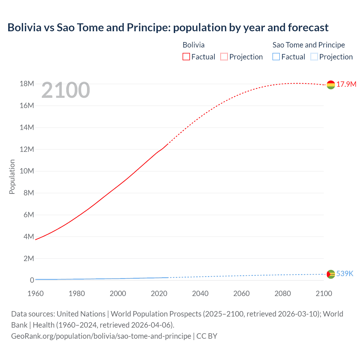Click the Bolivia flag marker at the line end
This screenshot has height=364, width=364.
click(331, 85)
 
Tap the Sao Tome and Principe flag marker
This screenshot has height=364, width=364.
click(331, 274)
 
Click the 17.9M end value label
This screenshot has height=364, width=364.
click(346, 84)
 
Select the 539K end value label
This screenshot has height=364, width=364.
click(345, 274)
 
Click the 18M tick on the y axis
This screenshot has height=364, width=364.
click(27, 84)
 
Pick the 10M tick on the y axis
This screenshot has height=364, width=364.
click(27, 171)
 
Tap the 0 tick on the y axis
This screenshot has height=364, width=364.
click(32, 280)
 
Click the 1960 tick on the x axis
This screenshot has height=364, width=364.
click(36, 293)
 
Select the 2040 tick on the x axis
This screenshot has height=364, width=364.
click(200, 293)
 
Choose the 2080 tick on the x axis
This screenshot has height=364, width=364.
click(283, 293)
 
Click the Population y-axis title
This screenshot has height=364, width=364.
click(12, 177)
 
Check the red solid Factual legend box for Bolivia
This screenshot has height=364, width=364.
click(186, 57)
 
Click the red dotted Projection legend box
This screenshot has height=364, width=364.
click(224, 57)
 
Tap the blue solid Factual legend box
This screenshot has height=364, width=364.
click(276, 57)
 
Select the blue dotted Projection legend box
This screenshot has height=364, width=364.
click(314, 57)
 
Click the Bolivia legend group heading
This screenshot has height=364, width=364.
click(193, 45)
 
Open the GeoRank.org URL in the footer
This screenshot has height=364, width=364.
click(101, 336)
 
